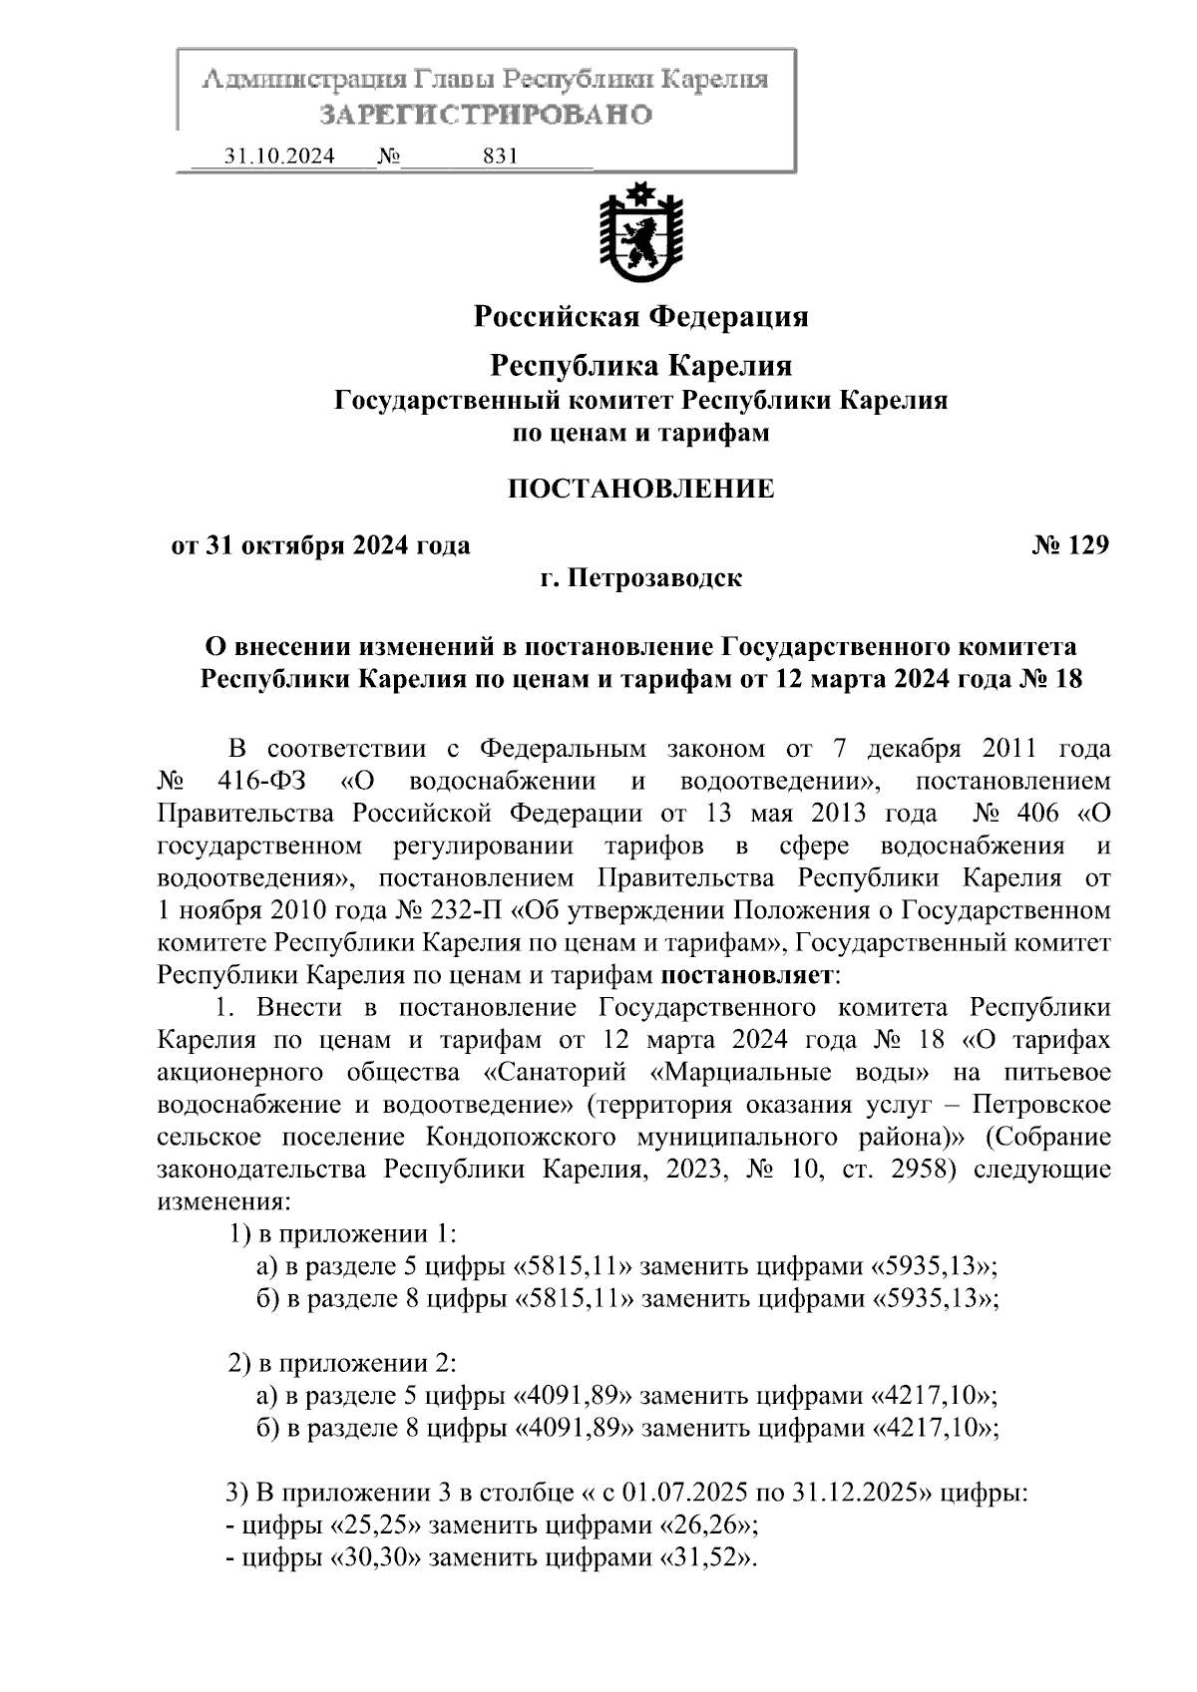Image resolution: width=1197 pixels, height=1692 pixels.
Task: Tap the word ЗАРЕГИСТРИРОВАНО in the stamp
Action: [x=486, y=116]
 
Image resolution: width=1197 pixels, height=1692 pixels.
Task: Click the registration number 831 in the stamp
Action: [x=500, y=158]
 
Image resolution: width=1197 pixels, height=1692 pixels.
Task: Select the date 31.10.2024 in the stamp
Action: [x=280, y=158]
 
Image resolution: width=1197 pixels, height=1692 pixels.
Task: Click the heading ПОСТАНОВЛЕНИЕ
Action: [x=640, y=490]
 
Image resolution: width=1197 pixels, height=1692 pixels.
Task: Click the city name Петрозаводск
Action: [x=655, y=578]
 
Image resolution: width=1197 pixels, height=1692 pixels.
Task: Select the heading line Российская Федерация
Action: [x=640, y=317]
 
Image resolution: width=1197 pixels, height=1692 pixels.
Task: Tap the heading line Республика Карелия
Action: [x=640, y=366]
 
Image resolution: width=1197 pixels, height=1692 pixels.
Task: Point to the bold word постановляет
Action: [x=747, y=974]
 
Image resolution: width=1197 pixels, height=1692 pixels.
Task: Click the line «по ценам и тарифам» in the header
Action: [x=640, y=434]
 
